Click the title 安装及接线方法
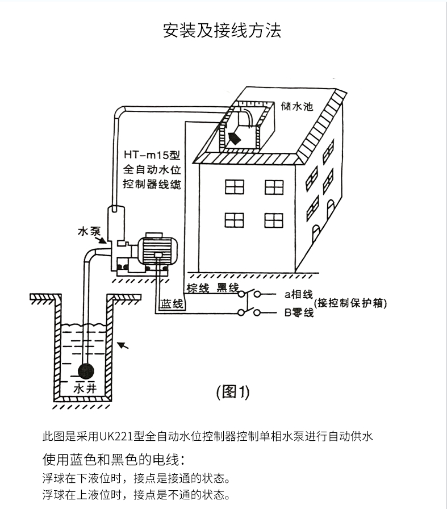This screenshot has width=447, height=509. tap(222, 31)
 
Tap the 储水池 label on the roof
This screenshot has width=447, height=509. tap(296, 106)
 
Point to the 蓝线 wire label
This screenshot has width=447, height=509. tap(172, 304)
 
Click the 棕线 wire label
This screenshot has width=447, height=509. tap(198, 288)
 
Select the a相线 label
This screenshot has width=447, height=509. tap(299, 294)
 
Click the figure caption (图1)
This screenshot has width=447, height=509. tap(233, 391)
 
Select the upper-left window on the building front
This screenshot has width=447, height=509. tap(234, 187)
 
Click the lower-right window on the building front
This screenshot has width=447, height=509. tap(273, 220)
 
